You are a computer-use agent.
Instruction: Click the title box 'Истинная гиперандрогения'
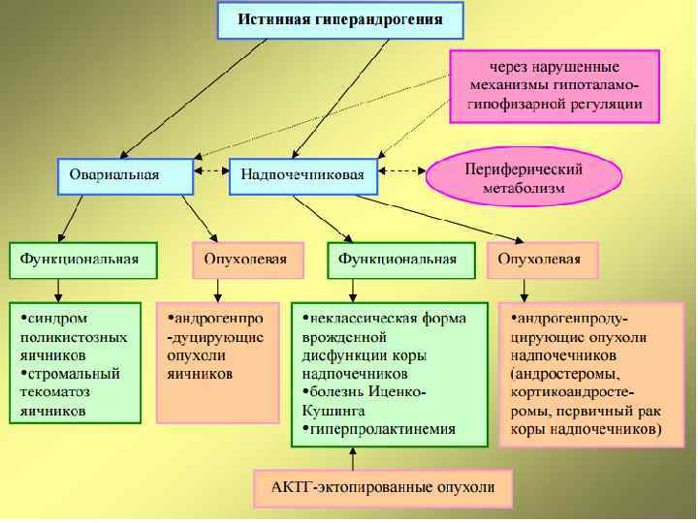pyautogui.click(x=340, y=19)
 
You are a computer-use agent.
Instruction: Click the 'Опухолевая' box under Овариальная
pyautogui.click(x=233, y=260)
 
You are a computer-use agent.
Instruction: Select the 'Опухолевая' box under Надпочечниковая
pyautogui.click(x=541, y=260)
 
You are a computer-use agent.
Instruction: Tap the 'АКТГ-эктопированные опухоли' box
pyautogui.click(x=383, y=487)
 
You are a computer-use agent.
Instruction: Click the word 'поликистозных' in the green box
pyautogui.click(x=74, y=336)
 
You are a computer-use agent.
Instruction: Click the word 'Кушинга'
pyautogui.click(x=332, y=410)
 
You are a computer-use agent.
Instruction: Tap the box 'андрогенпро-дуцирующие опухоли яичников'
pyautogui.click(x=216, y=346)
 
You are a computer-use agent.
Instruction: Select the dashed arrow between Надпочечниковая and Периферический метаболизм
pyautogui.click(x=401, y=171)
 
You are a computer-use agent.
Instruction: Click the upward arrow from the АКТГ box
pyautogui.click(x=352, y=460)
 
